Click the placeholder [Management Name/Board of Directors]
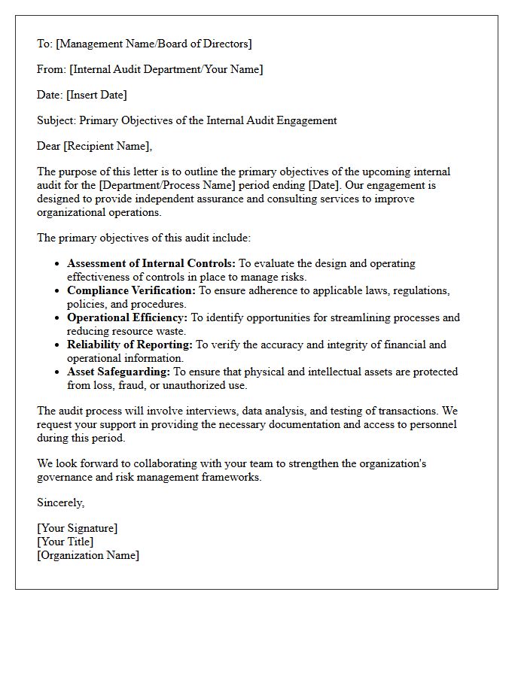(154, 44)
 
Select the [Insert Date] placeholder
(96, 95)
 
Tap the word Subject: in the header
(56, 120)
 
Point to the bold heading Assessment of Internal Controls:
(151, 263)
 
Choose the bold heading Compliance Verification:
(131, 290)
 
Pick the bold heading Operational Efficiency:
(127, 317)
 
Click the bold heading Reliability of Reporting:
(130, 345)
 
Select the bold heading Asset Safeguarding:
(119, 372)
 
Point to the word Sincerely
(60, 502)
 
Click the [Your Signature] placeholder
(78, 528)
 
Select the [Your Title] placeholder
(65, 542)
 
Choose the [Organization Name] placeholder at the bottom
(88, 555)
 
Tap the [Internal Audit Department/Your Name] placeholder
(166, 69)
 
